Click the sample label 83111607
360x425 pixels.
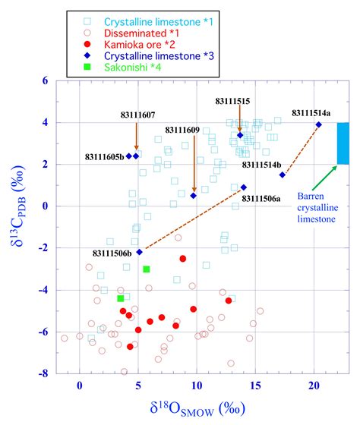point(137,115)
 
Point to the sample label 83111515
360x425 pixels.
point(232,100)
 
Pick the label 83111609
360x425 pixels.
point(182,129)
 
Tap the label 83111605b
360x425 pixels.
point(103,156)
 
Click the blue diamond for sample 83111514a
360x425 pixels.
point(319,124)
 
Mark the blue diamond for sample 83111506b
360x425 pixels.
point(139,251)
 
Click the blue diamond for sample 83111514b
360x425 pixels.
point(283,175)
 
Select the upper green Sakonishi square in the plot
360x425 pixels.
point(147,269)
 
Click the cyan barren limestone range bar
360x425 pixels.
point(343,143)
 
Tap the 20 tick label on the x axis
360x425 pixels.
point(314,386)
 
